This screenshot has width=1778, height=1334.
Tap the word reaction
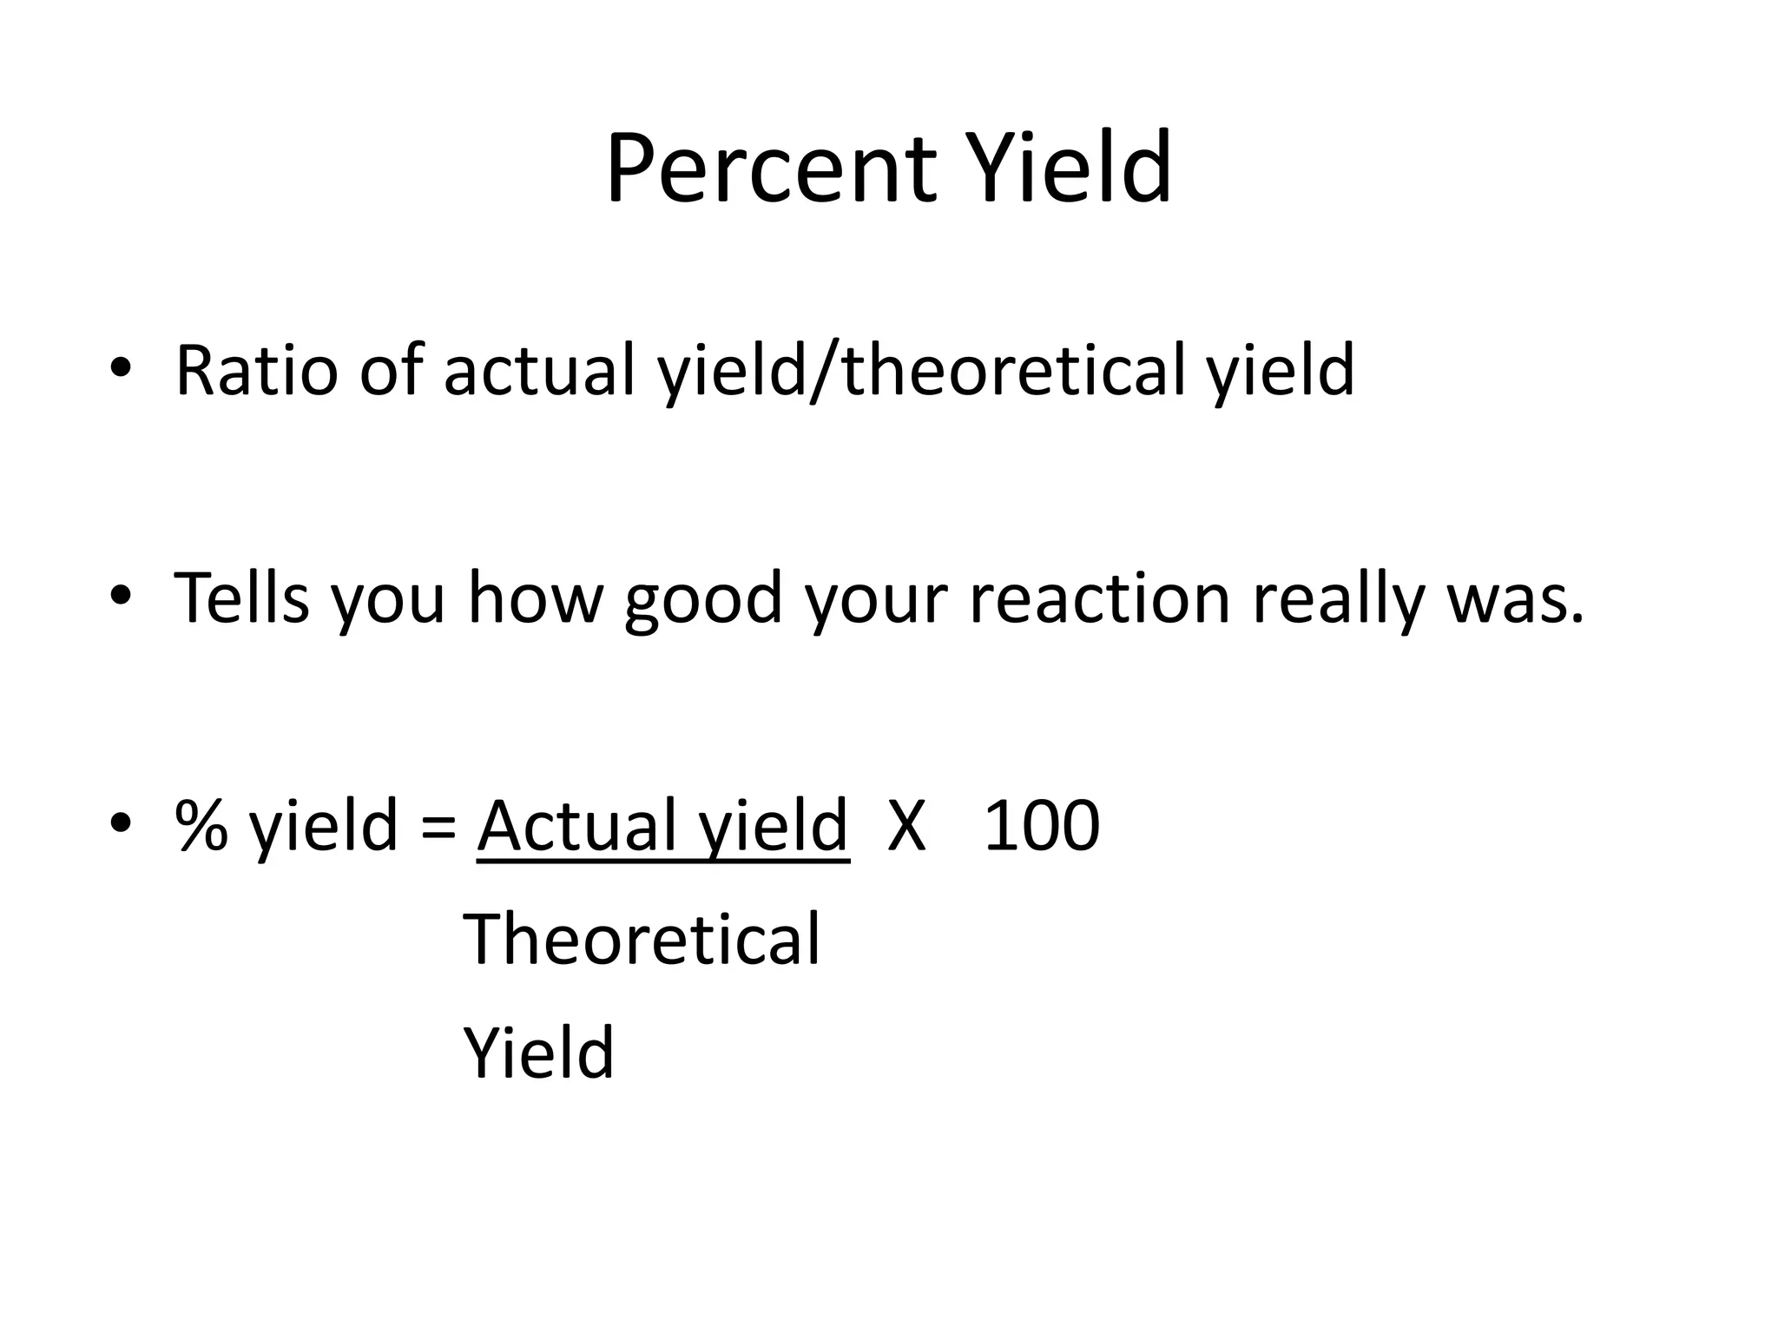(x=1099, y=598)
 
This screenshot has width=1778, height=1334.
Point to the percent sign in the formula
(x=201, y=826)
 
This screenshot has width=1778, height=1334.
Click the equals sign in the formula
(x=438, y=828)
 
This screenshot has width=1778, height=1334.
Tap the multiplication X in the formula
(x=906, y=826)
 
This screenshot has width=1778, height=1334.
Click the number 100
(x=1042, y=826)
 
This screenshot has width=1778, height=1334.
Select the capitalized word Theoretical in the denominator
(x=642, y=940)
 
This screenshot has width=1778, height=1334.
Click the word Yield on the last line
(x=539, y=1053)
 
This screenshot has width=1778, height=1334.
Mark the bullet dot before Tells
(x=121, y=595)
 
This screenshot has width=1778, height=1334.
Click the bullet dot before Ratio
(x=121, y=367)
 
